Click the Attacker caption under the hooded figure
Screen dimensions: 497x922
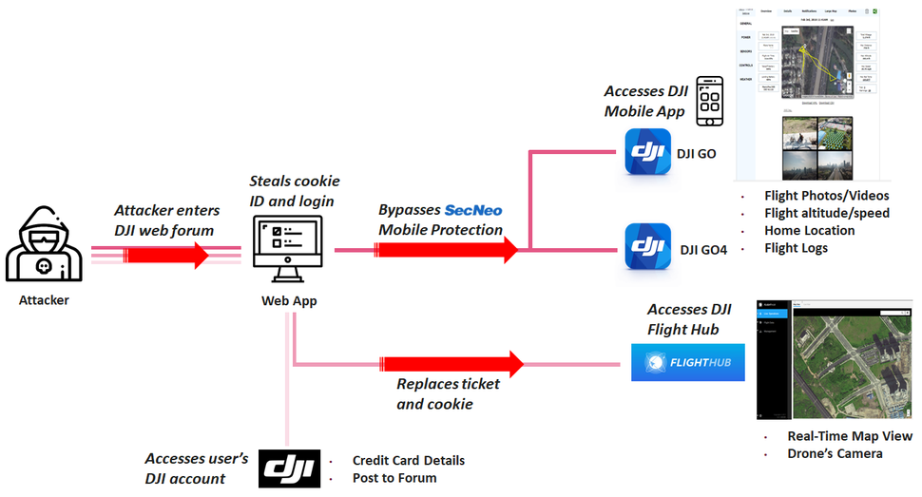44,300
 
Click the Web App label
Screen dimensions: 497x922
288,300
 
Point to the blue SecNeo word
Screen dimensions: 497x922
472,210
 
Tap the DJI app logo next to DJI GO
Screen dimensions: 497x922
649,153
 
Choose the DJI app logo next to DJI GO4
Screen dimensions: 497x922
649,249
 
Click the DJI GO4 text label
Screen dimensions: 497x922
704,250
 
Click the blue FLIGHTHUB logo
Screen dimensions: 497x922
688,362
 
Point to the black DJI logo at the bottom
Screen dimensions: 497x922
288,468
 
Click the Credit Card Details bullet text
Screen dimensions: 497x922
408,461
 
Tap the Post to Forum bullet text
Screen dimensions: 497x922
394,477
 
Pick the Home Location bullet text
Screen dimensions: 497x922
809,231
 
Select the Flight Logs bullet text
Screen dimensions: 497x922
796,248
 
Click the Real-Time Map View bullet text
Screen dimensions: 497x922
849,436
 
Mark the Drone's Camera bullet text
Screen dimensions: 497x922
835,453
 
